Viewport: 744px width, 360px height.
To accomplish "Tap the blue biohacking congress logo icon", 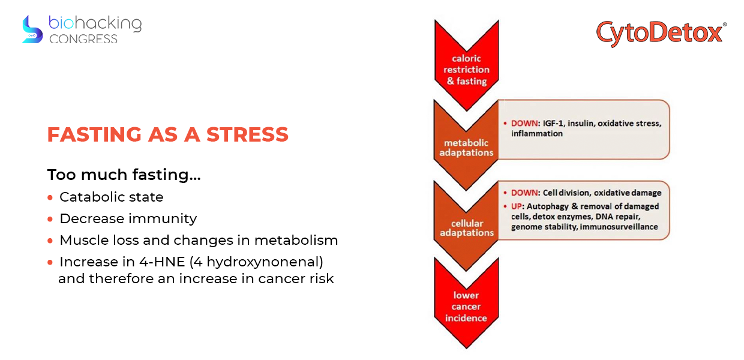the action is (32, 29).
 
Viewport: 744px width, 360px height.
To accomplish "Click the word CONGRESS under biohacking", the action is (83, 39).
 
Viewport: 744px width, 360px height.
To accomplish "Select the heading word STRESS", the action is (247, 134).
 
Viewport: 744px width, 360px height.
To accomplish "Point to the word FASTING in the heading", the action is (95, 134).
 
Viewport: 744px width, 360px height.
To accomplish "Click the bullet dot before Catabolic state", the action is (50, 197).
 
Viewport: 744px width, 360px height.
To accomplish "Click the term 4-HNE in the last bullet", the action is (162, 262).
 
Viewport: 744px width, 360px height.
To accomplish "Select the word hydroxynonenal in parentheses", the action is (263, 262).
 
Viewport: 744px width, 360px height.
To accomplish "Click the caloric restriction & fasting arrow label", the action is (467, 70).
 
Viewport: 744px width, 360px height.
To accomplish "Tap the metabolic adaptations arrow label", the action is (466, 148).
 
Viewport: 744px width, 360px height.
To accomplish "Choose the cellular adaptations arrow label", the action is (467, 228).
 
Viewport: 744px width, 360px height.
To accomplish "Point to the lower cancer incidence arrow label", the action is (466, 307).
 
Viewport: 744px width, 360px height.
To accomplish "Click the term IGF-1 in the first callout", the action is (553, 124).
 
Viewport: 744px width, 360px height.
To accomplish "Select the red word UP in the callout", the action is (516, 206).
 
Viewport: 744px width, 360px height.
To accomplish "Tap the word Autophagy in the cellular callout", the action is (547, 206).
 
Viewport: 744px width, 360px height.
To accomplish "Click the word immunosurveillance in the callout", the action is (619, 227).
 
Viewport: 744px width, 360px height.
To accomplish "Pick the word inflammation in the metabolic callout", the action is (537, 134).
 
